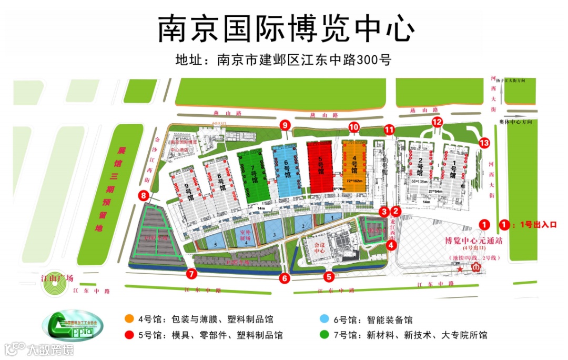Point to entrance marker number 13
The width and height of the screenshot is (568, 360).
484,143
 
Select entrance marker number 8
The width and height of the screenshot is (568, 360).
144,196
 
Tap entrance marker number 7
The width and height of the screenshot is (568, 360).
191,274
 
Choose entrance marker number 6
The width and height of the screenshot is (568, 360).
285,278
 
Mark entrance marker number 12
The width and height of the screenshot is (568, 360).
438,122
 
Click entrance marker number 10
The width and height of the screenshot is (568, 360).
353,127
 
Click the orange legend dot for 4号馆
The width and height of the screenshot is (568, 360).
128,319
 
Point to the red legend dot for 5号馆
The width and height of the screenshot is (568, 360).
128,335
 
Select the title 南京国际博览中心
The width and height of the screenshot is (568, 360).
286,28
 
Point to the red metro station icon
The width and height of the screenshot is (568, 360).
476,268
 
